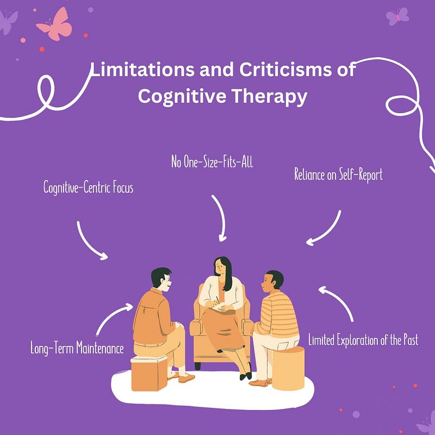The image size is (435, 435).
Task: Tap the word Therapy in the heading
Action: [269, 97]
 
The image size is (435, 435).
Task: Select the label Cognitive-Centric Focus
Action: [88, 188]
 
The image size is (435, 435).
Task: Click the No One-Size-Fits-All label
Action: [212, 161]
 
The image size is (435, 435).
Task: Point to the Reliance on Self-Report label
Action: [338, 175]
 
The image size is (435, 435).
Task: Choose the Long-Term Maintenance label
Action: [77, 348]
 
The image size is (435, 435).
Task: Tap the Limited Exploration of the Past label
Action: [363, 340]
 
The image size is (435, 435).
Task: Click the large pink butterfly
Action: [54, 24]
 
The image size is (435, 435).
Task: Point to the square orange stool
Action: [149, 372]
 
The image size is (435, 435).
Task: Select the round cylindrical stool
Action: [288, 368]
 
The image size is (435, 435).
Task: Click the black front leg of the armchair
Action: [197, 366]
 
